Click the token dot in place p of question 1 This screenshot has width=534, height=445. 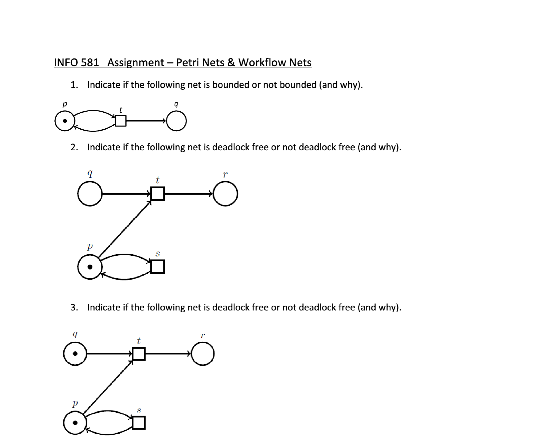pos(65,121)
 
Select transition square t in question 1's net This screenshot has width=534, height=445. pos(120,121)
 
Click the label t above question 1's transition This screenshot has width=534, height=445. pos(121,110)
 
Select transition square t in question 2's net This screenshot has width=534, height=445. pos(157,194)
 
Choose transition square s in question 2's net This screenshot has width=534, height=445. pos(157,267)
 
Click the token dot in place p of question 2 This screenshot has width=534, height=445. pos(90,267)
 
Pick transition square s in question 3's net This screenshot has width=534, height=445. pos(139,423)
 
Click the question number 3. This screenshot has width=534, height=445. pos(74,308)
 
